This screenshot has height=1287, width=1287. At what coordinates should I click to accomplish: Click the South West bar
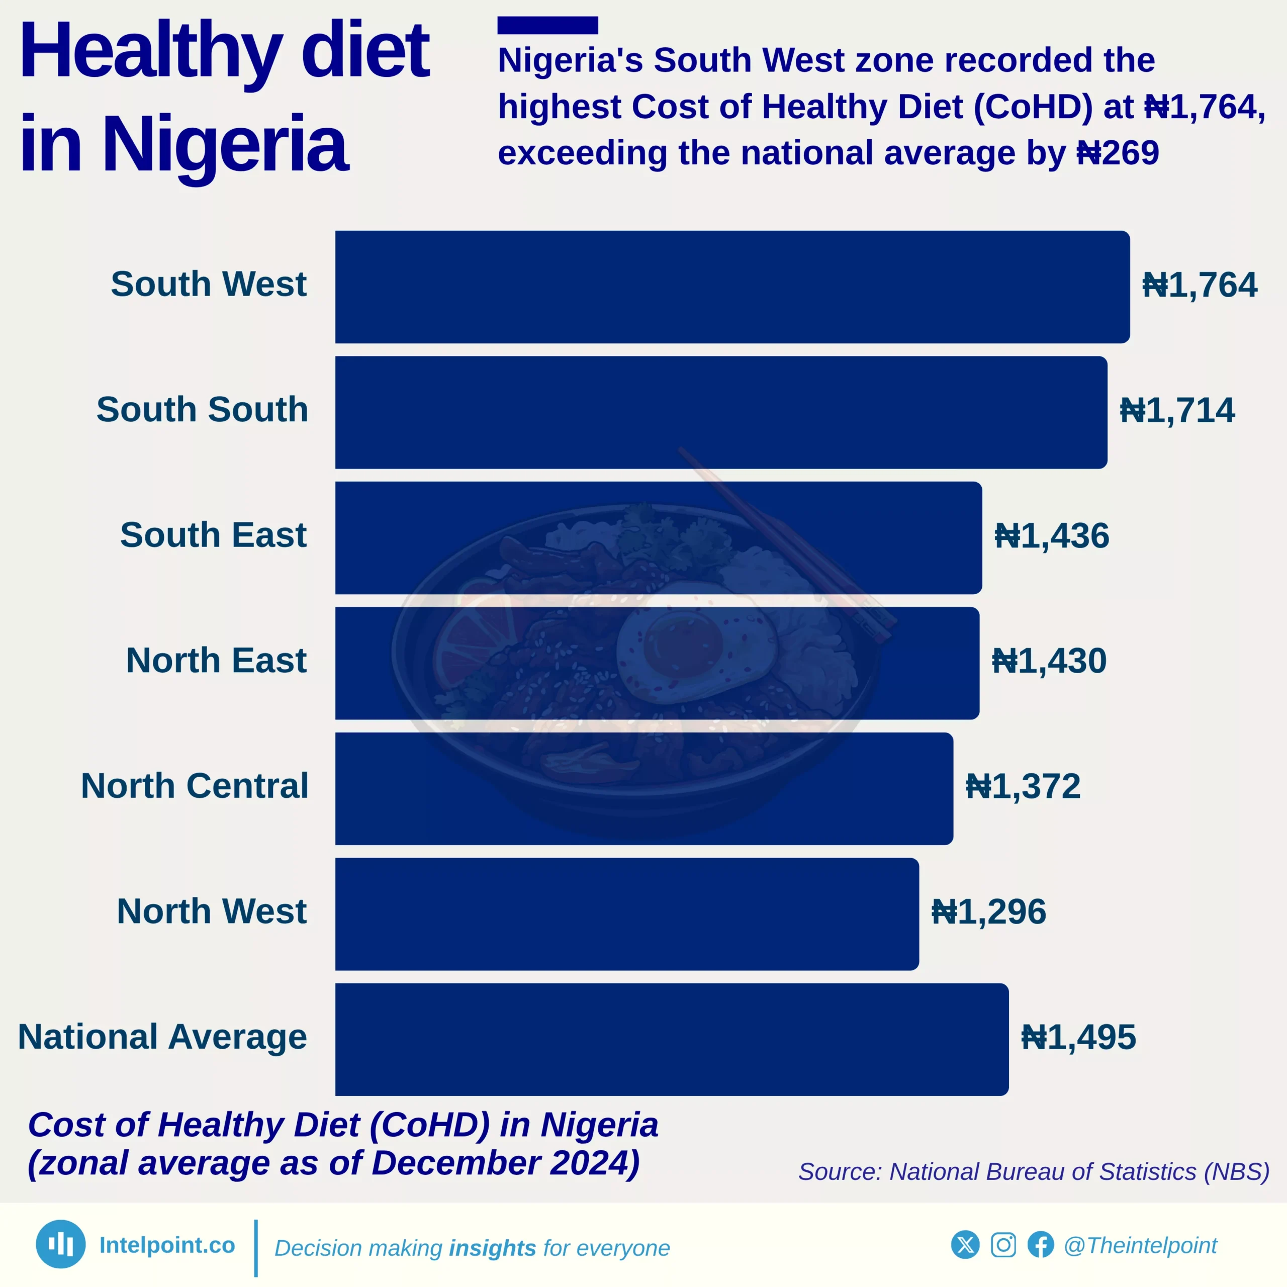[x=732, y=287]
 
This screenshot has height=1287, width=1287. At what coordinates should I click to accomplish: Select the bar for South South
[x=721, y=412]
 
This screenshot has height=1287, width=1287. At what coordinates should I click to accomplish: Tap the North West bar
[x=627, y=914]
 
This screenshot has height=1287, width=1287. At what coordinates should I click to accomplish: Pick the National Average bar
[x=672, y=1039]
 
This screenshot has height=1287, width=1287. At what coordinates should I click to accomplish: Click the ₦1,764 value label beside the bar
[x=1200, y=285]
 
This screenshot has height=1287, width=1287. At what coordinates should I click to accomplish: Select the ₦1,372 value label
[x=1023, y=787]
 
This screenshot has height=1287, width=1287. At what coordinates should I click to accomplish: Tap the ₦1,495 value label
[x=1078, y=1038]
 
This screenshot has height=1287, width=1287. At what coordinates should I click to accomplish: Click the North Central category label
[x=195, y=786]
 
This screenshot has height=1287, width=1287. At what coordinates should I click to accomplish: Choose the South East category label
[x=213, y=535]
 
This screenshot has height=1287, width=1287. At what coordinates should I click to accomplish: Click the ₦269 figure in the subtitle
[x=1118, y=153]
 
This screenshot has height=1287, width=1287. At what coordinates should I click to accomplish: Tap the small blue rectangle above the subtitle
[x=547, y=25]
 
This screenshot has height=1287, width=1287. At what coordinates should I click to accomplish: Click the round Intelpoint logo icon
[x=61, y=1244]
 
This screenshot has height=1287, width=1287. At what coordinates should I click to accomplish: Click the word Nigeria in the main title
[x=225, y=144]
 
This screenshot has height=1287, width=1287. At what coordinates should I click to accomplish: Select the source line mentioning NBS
[x=1034, y=1172]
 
